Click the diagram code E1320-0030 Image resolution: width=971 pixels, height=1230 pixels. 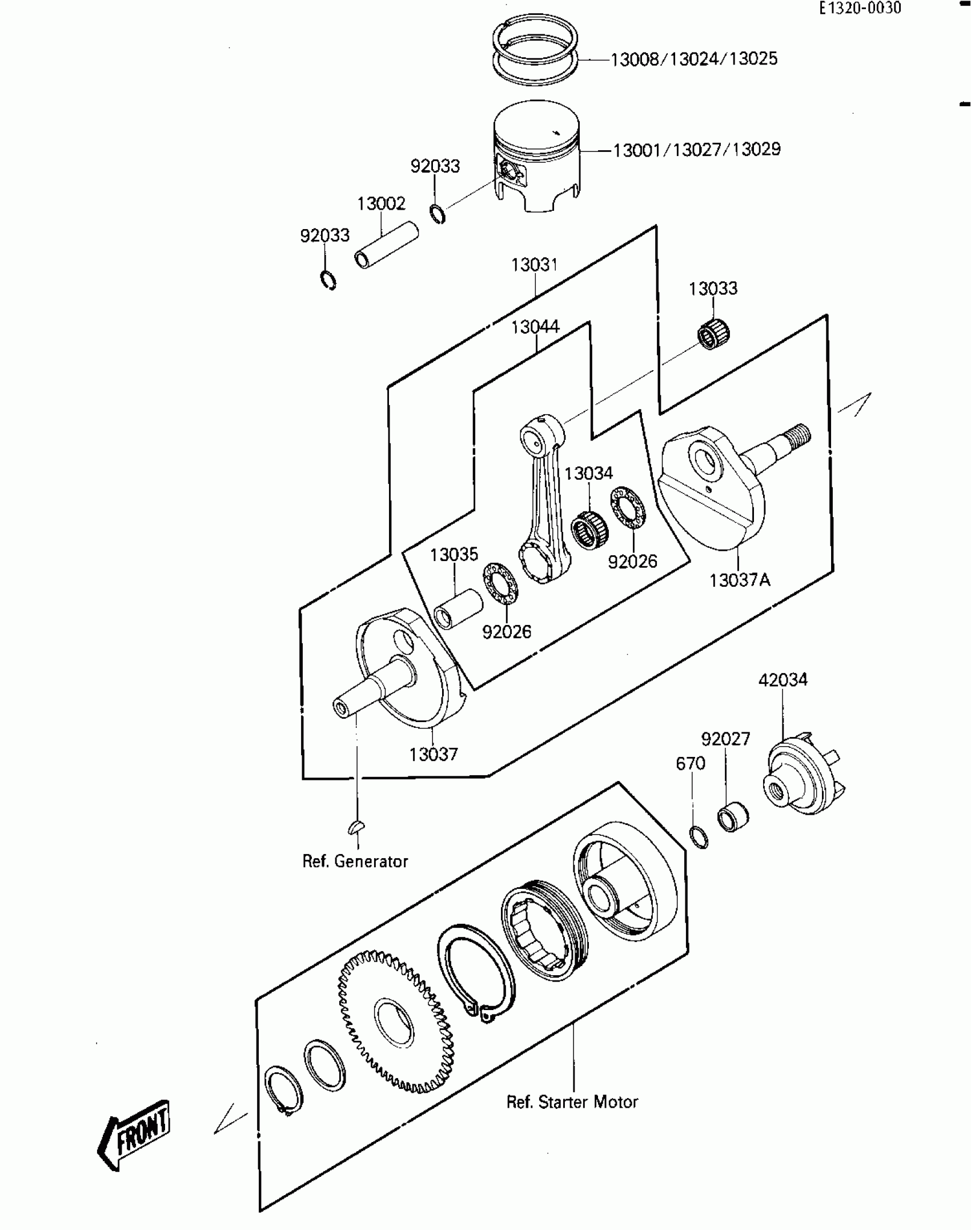click(860, 9)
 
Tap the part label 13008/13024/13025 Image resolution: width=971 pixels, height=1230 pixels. click(694, 59)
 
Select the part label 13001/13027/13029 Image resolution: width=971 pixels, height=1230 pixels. click(697, 150)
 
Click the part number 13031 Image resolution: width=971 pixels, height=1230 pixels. click(534, 265)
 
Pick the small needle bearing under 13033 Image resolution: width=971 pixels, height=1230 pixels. click(714, 333)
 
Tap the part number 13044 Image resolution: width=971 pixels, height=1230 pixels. click(535, 327)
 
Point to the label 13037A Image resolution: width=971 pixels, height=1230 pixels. click(740, 580)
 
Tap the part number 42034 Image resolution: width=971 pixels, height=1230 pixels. click(783, 680)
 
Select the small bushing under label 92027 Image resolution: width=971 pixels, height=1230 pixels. click(733, 818)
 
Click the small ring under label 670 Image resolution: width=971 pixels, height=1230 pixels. click(699, 837)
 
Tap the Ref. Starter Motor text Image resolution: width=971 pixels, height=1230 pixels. click(572, 1102)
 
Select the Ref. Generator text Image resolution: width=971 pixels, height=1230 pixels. click(355, 861)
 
